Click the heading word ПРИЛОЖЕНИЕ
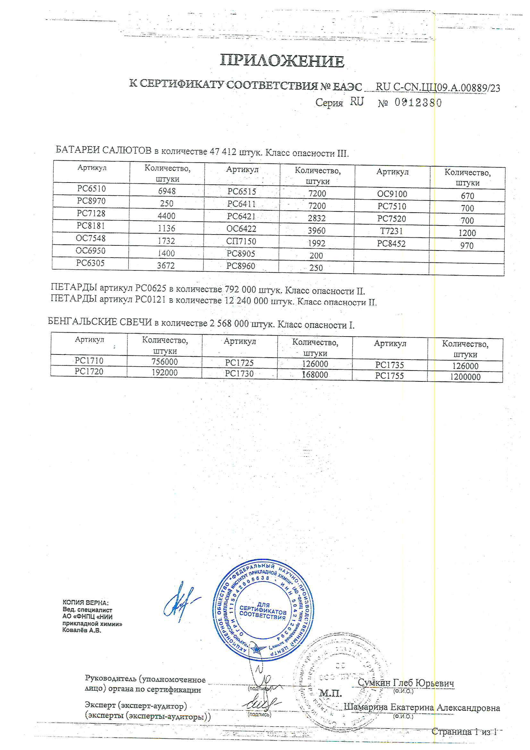tap(282, 61)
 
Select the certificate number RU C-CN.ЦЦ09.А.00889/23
tap(438, 87)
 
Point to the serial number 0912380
tap(418, 103)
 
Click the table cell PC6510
tap(91, 189)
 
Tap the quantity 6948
tap(167, 191)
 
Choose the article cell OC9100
tap(392, 194)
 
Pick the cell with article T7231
tap(391, 231)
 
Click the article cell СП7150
tap(241, 242)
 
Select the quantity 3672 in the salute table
tap(166, 266)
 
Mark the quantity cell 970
tap(467, 246)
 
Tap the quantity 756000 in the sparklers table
tap(164, 362)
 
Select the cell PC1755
tap(389, 376)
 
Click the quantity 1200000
tap(465, 377)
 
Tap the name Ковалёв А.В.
tap(82, 630)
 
